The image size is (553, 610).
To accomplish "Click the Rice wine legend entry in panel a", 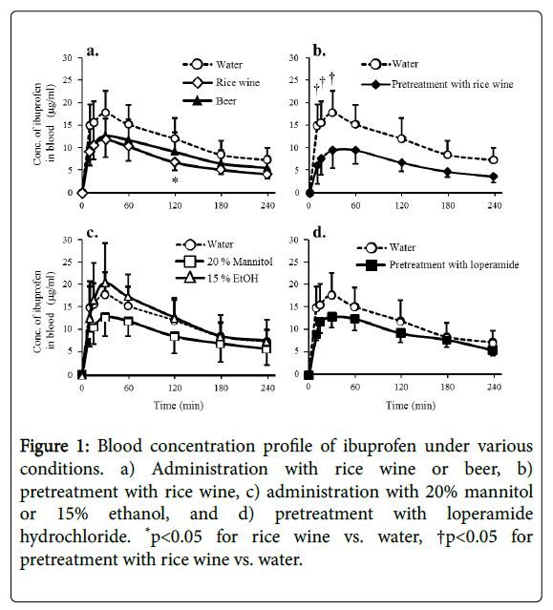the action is pyautogui.click(x=221, y=82).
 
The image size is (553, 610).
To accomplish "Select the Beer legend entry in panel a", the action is pyautogui.click(x=209, y=101).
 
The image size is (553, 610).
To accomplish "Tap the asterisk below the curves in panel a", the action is pyautogui.click(x=175, y=180).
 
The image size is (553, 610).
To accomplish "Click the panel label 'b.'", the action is pyautogui.click(x=320, y=51).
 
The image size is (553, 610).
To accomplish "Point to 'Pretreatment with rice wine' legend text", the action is pyautogui.click(x=452, y=84).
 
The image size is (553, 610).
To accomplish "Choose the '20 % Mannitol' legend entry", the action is pyautogui.click(x=224, y=262).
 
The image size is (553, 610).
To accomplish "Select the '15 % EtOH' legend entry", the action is pyautogui.click(x=217, y=278).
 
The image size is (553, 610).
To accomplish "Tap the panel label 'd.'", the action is pyautogui.click(x=320, y=233).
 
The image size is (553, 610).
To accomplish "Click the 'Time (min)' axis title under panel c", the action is pyautogui.click(x=179, y=406).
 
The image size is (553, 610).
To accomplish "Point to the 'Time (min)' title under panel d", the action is pyautogui.click(x=411, y=406).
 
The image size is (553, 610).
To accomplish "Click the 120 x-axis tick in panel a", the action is pyautogui.click(x=175, y=205).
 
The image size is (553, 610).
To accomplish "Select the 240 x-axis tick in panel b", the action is pyautogui.click(x=495, y=205).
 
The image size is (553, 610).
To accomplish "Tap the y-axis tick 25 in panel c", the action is pyautogui.click(x=67, y=262).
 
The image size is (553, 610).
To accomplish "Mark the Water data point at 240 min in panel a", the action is pyautogui.click(x=267, y=159).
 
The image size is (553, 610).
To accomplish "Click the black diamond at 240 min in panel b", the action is pyautogui.click(x=494, y=177).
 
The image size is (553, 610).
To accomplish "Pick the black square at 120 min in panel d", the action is pyautogui.click(x=401, y=333).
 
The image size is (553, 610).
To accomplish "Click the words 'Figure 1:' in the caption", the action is pyautogui.click(x=54, y=446).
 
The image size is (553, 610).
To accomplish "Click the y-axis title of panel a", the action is pyautogui.click(x=44, y=124).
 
